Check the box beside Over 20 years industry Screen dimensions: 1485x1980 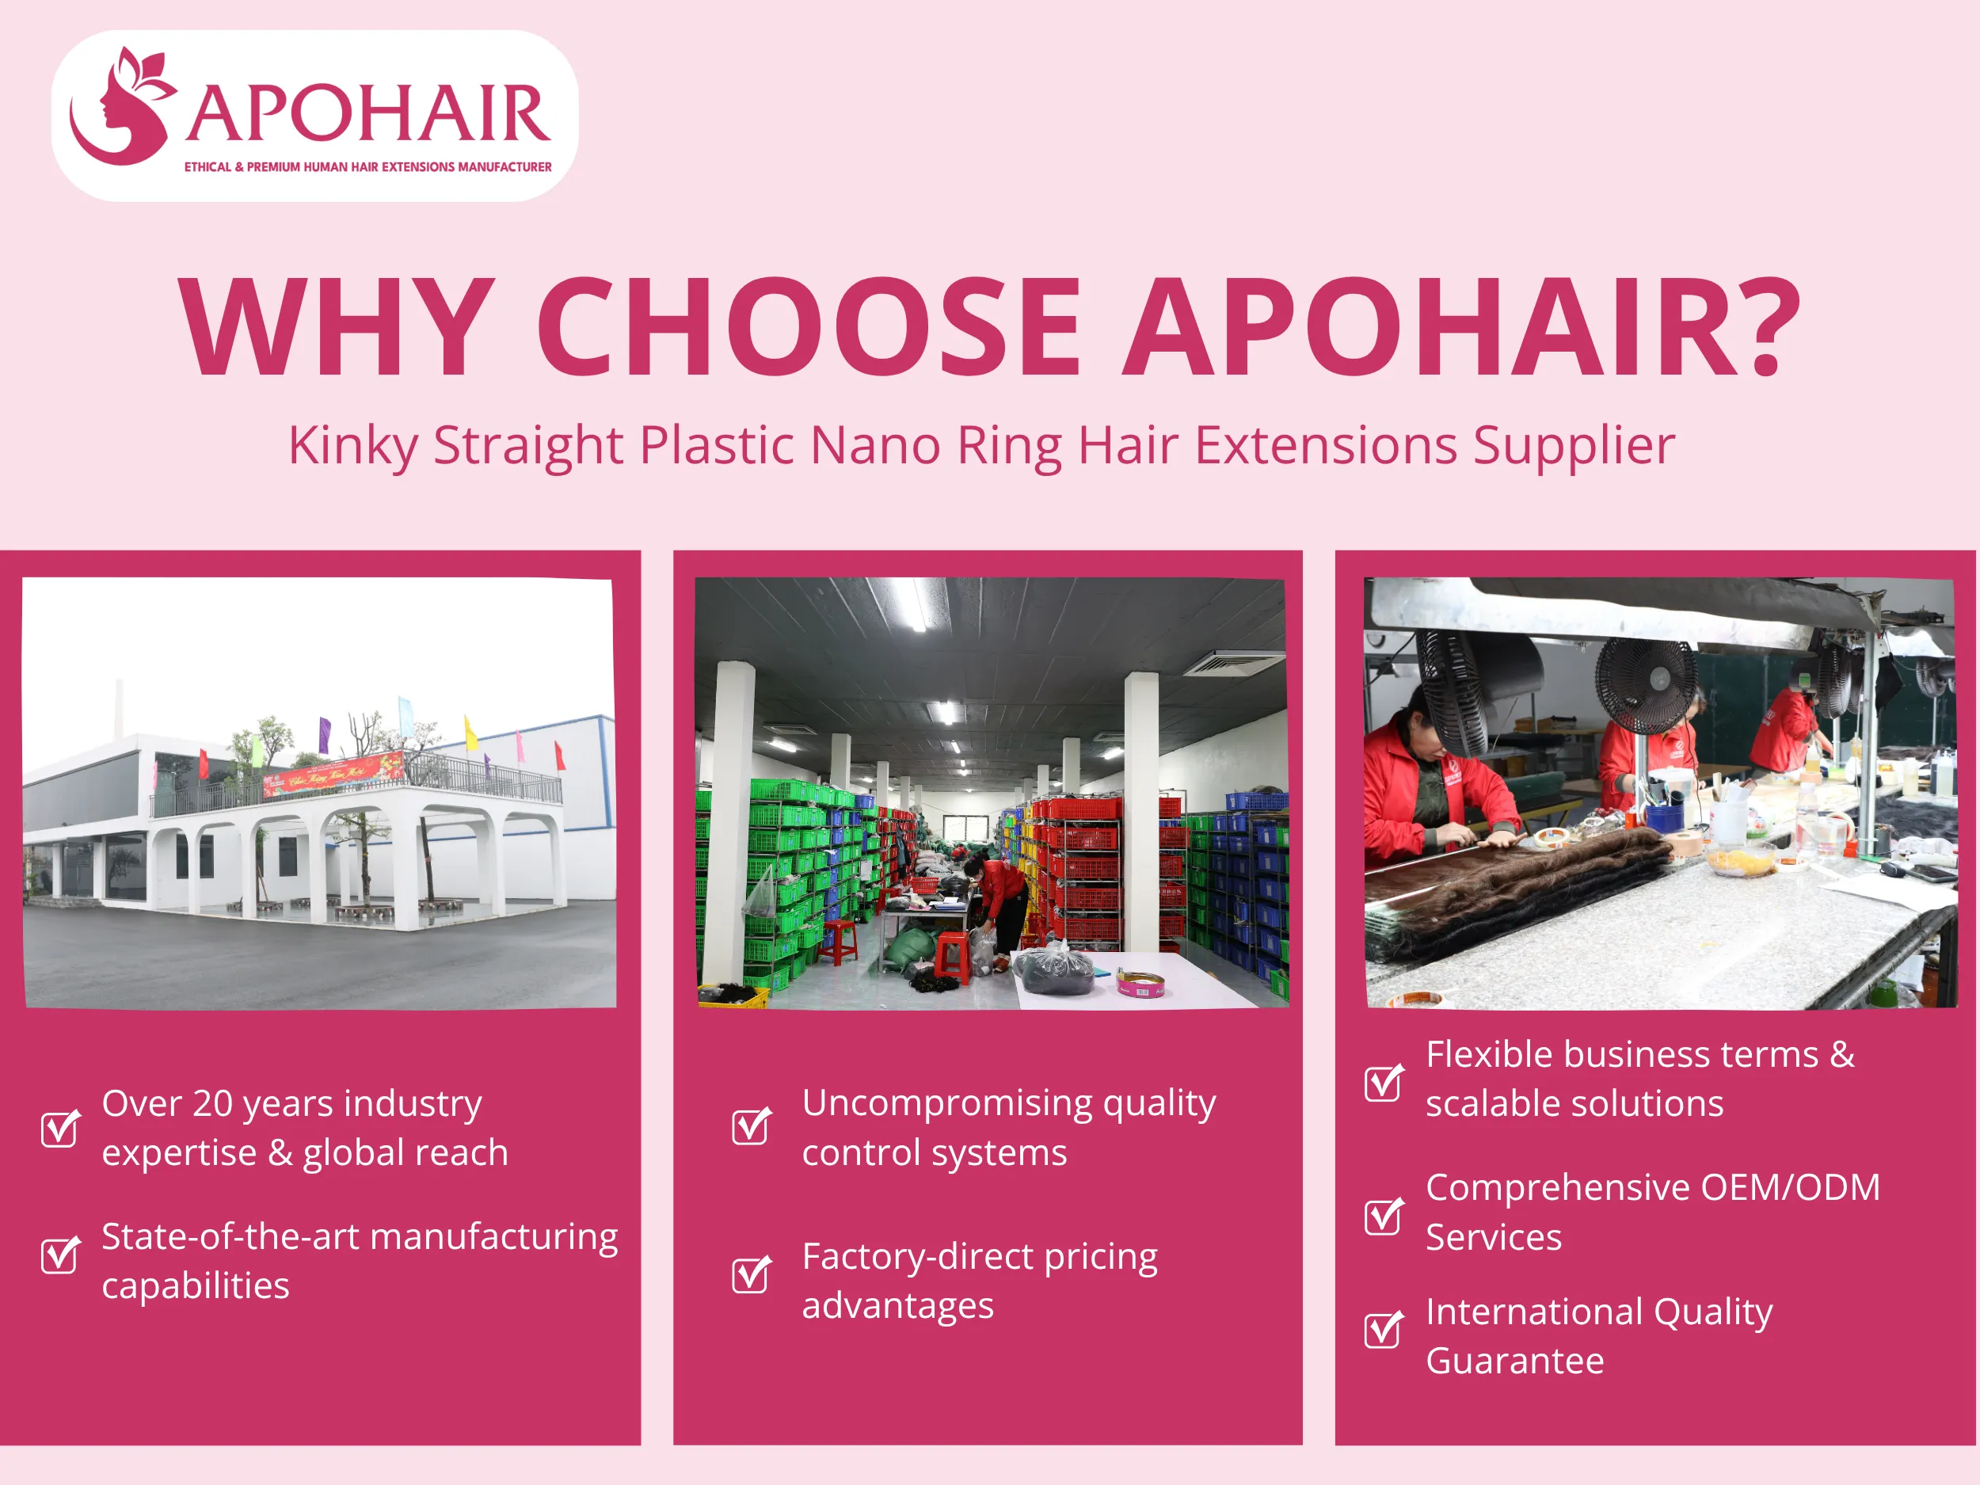60,1128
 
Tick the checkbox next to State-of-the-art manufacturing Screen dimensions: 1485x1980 60,1255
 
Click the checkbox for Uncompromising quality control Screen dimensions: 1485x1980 750,1126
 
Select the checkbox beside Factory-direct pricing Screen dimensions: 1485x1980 750,1274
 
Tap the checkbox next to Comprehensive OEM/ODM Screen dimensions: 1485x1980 1383,1216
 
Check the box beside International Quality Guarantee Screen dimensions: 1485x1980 1383,1329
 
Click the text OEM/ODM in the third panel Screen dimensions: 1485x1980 1790,1188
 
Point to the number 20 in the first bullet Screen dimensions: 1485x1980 212,1104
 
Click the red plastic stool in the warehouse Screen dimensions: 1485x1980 951,956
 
